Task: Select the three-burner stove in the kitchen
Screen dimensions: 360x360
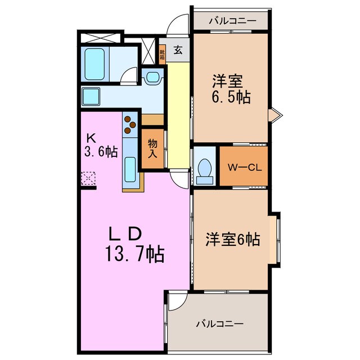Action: (x=130, y=124)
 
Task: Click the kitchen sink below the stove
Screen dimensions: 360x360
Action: (x=129, y=168)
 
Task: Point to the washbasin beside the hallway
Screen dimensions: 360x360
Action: (x=152, y=78)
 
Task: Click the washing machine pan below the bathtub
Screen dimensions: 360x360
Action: (x=91, y=96)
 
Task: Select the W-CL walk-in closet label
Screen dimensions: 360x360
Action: (x=242, y=167)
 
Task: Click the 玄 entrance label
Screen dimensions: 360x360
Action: (x=178, y=50)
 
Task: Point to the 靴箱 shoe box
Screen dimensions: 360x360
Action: (x=162, y=55)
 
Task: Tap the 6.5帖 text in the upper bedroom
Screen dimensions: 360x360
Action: (x=231, y=96)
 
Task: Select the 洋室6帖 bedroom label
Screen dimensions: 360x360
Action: (x=231, y=240)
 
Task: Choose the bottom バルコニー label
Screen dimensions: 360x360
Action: (x=219, y=324)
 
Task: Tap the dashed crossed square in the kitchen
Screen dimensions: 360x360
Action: (x=89, y=179)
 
